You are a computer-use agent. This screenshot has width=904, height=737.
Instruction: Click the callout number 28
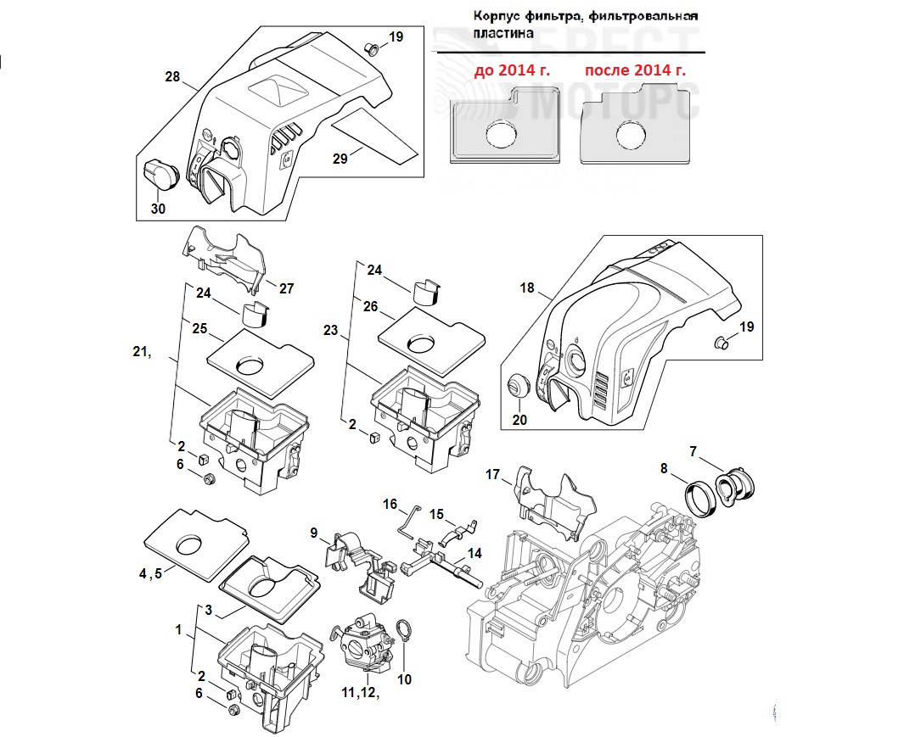(173, 77)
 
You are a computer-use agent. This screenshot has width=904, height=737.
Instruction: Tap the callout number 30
(159, 209)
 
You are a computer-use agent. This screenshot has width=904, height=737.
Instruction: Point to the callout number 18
(527, 288)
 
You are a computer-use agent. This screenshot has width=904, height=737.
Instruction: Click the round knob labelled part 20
(517, 386)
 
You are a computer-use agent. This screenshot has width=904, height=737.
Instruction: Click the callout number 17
(493, 474)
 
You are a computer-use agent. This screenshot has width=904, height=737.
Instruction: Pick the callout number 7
(693, 451)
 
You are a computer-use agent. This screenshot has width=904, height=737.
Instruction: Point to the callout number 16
(390, 505)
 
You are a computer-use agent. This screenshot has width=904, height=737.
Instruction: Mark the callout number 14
(474, 553)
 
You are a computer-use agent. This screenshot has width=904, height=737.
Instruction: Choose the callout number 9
(314, 533)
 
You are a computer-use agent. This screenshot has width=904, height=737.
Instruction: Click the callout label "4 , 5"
(150, 573)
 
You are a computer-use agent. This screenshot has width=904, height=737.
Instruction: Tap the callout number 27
(286, 289)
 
